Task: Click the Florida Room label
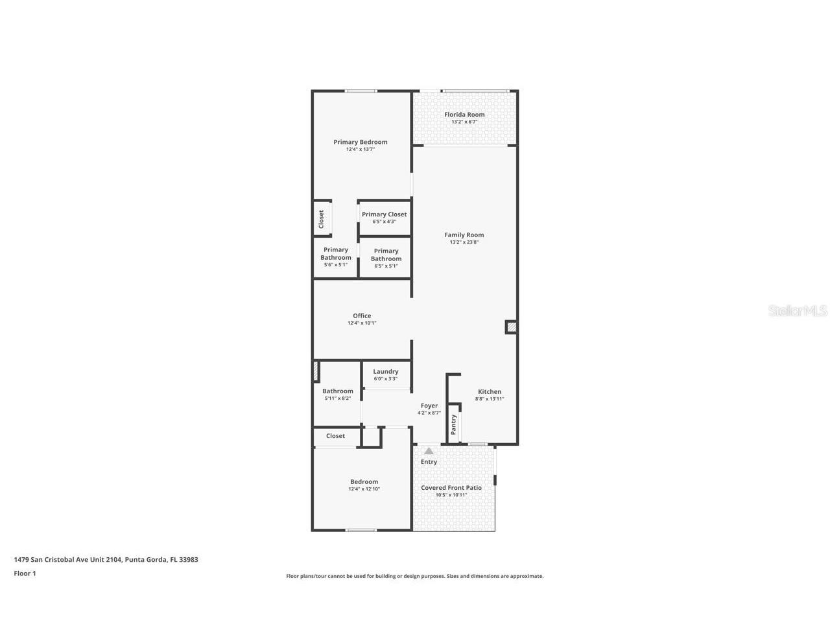tap(464, 115)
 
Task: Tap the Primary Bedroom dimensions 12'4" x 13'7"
tap(361, 150)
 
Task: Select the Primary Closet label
tap(384, 214)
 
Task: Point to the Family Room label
tap(464, 235)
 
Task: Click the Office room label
tap(362, 316)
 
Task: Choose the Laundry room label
tap(385, 372)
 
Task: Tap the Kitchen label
tap(490, 391)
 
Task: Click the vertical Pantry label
tap(454, 424)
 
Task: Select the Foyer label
tap(429, 406)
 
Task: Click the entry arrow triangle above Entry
tap(429, 451)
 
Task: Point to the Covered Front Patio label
tap(451, 488)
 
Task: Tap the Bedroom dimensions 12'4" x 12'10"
tap(364, 489)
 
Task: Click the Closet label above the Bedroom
tap(335, 436)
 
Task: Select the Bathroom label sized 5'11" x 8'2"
tap(338, 391)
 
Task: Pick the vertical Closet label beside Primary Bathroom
tap(321, 219)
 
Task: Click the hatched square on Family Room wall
tap(511, 328)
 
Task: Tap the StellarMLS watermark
tap(798, 311)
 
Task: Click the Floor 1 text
tap(25, 573)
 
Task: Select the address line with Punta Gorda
tap(106, 559)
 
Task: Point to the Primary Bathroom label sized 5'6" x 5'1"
tap(336, 253)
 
